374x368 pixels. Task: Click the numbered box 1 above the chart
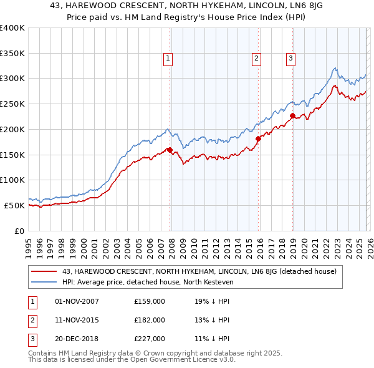coord(168,59)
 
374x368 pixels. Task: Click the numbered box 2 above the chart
coord(256,59)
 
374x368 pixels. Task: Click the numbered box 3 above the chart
coord(290,59)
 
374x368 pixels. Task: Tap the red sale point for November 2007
coord(169,150)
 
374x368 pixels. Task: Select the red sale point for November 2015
coord(258,138)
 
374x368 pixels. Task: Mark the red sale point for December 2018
coord(292,115)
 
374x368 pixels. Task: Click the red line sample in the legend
coord(45,271)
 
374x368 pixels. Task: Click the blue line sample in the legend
coord(45,282)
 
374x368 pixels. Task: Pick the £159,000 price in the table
coord(150,301)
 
